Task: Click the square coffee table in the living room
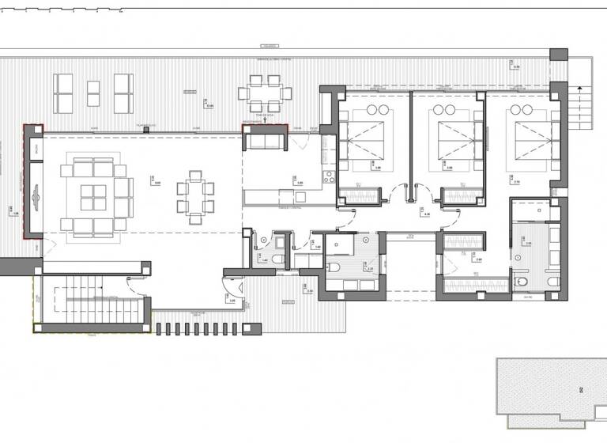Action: tap(93, 196)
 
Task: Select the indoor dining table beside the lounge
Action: tap(195, 196)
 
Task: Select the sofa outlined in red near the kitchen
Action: tap(264, 142)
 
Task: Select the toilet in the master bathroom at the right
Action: tap(522, 281)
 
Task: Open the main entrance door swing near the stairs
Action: tap(238, 289)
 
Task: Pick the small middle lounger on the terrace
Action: tap(93, 93)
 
